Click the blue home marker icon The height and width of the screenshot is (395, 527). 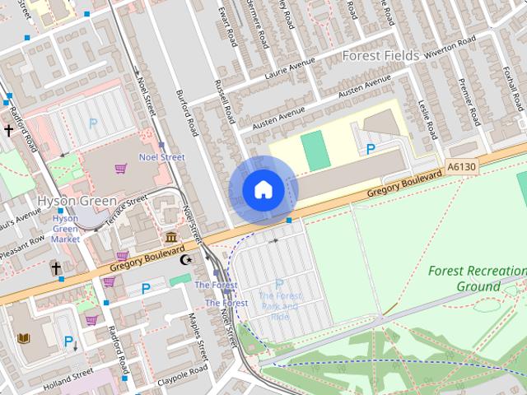[x=263, y=190]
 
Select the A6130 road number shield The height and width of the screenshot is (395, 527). [x=461, y=167]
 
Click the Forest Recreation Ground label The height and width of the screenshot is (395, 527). [x=477, y=278]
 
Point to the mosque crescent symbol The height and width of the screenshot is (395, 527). [x=186, y=259]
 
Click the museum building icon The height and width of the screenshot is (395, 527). [x=170, y=238]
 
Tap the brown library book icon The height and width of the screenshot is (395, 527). [x=23, y=339]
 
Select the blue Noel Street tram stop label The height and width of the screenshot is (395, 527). [x=161, y=157]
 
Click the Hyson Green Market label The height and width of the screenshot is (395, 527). [x=66, y=229]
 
